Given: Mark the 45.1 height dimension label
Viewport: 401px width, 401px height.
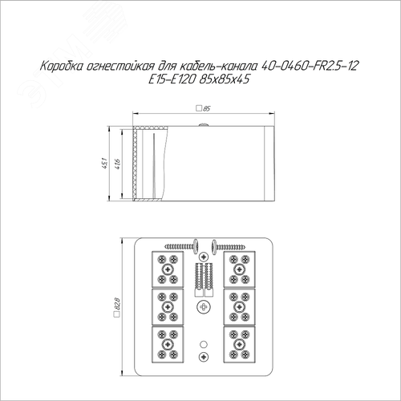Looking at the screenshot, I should tap(104, 165).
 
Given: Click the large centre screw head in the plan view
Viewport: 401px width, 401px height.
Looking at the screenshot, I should tap(205, 306).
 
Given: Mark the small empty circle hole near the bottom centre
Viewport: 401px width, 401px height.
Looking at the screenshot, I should tap(205, 344).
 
